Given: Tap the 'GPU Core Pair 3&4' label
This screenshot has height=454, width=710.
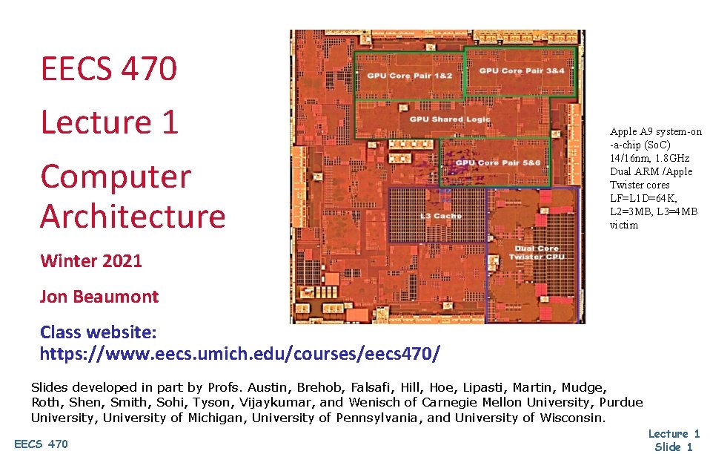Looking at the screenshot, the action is (x=522, y=70).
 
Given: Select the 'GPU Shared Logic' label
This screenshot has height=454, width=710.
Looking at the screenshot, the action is (x=445, y=119).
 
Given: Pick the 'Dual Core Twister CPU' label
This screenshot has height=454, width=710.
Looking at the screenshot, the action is (x=537, y=252).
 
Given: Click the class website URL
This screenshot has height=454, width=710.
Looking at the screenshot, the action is (x=239, y=353).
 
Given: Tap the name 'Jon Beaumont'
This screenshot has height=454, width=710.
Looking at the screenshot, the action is (x=99, y=297).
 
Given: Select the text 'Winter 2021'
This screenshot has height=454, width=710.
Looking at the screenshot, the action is (x=91, y=260).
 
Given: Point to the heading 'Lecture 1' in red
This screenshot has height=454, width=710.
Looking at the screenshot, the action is (x=110, y=122).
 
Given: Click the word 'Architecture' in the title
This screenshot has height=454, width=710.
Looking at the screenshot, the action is (x=133, y=216).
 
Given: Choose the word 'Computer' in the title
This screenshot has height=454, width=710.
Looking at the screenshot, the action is (x=116, y=177).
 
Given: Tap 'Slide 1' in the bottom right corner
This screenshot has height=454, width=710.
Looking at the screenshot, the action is (x=673, y=447).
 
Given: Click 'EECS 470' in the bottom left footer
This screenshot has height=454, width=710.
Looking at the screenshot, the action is (x=41, y=444).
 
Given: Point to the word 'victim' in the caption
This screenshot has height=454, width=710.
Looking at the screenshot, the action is (x=623, y=225).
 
